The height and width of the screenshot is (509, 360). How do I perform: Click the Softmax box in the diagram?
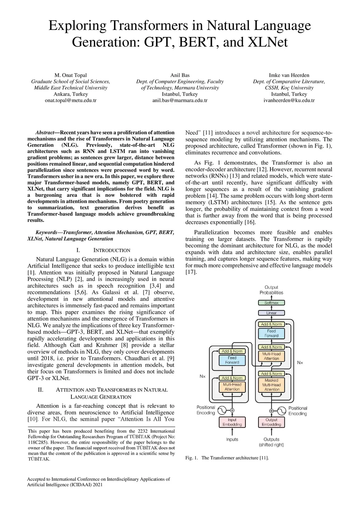pos(271,303)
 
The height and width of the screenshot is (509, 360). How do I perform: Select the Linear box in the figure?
pos(271,313)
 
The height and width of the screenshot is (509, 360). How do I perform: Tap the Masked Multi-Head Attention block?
pos(272,385)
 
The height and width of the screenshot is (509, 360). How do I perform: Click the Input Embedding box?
pos(232,422)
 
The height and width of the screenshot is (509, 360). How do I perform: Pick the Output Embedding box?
pos(271,422)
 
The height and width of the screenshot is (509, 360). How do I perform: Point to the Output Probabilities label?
pos(271,290)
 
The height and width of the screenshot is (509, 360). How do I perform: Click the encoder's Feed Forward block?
pos(232,360)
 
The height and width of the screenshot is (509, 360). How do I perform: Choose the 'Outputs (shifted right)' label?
pos(271,442)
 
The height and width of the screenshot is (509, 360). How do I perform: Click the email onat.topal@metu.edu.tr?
pos(71,101)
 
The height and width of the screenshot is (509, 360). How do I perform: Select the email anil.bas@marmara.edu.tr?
pos(180,101)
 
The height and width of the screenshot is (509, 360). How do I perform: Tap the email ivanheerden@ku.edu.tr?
pos(289,101)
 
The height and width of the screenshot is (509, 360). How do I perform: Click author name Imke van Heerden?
pos(289,75)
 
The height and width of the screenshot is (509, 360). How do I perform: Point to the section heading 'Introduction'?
pos(112,251)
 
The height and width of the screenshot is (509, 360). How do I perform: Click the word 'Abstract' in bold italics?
pos(45,133)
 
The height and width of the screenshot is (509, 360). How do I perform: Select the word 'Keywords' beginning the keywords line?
pos(46,232)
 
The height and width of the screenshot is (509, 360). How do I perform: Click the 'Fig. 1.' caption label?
pos(192,458)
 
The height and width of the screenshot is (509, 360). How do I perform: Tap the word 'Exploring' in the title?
pos(77,26)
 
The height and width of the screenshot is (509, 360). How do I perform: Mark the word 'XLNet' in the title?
pos(268,42)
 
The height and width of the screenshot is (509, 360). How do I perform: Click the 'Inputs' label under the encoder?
pos(232,439)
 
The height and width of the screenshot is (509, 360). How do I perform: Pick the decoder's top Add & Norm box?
pos(272,324)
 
